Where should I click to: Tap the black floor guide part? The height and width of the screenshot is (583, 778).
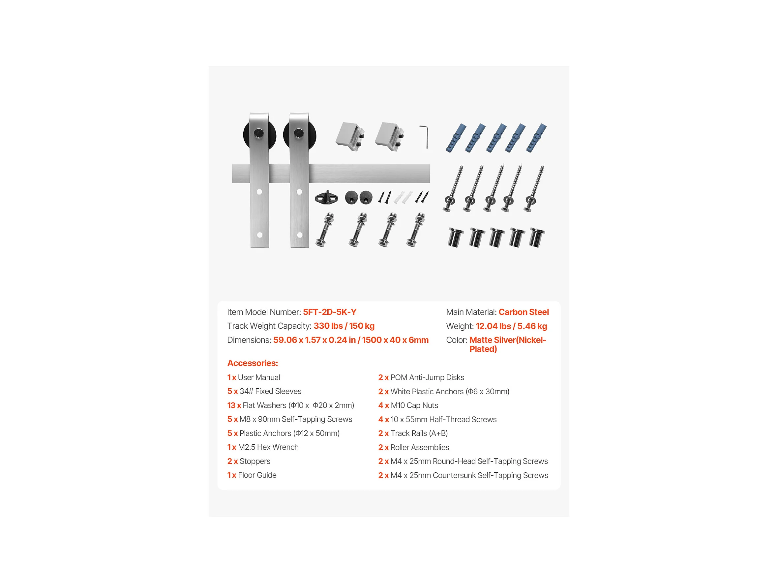tap(326, 198)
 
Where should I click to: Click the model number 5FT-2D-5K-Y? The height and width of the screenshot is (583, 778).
tap(330, 312)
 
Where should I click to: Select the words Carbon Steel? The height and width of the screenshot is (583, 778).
tap(524, 312)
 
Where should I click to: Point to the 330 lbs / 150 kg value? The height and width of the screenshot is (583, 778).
tap(344, 326)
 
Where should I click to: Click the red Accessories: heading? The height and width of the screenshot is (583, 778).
tap(253, 363)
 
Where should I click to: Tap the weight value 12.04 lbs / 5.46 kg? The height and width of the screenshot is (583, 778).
tap(511, 326)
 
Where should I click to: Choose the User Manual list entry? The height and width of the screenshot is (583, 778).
tap(254, 377)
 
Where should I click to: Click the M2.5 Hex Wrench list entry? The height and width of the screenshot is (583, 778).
tap(263, 447)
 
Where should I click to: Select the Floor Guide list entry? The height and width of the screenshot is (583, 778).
tap(252, 475)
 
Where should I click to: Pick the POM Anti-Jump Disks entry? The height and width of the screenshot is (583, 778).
tap(421, 377)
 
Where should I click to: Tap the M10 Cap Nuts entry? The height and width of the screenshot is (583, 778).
tap(408, 405)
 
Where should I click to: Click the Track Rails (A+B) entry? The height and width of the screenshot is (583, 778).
tap(413, 433)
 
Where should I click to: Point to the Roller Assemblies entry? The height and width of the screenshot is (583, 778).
tap(414, 447)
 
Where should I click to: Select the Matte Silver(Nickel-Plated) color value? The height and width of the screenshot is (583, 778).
tap(508, 345)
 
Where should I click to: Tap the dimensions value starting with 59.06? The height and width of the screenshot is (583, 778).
tap(351, 340)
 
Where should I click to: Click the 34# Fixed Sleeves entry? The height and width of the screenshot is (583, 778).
tap(264, 391)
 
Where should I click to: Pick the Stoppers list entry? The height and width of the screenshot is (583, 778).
tap(249, 461)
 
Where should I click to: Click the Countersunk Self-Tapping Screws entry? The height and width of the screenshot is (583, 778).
tap(463, 475)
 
